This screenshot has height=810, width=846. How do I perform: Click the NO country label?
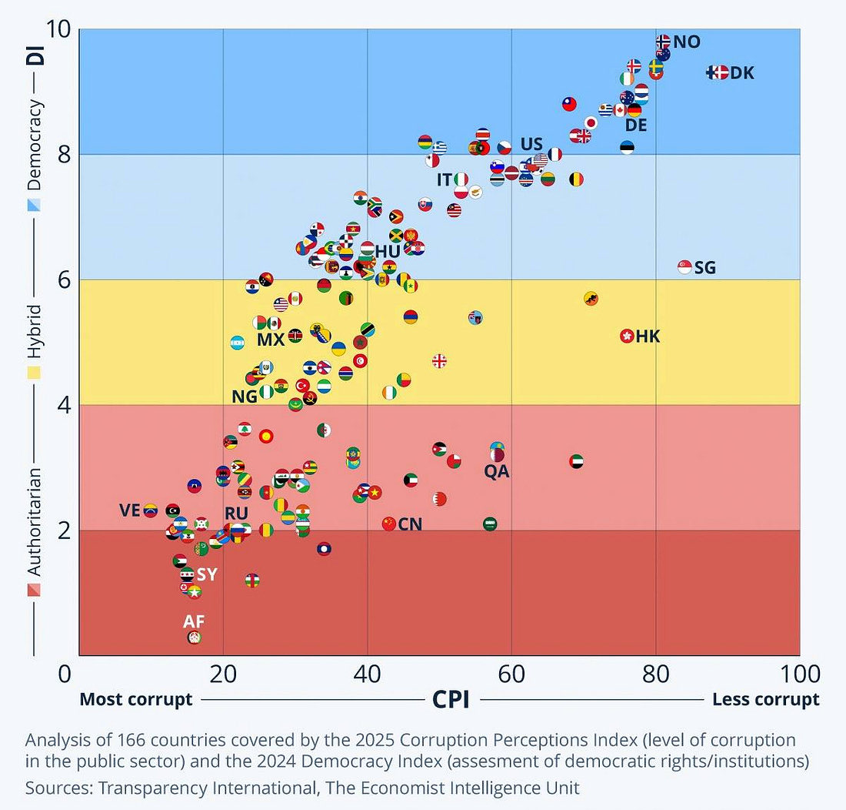pos(687,42)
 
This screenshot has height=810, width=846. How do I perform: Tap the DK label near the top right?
pos(742,73)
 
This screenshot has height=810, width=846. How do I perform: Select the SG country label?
pos(704,268)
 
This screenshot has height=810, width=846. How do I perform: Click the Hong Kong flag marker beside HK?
pos(627,336)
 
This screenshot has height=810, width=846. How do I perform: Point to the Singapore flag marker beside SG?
pos(684,266)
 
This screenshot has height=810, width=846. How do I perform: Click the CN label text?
pos(410,524)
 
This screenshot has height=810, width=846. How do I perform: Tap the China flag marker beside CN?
pos(388,524)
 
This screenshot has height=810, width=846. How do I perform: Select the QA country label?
pos(497,471)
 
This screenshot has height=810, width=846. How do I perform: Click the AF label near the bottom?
pos(194,621)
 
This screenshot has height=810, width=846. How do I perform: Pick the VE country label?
pos(131,510)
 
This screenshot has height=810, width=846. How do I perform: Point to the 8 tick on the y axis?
pos(65,155)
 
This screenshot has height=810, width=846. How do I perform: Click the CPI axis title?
pos(451,699)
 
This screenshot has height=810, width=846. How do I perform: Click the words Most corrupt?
pos(136,699)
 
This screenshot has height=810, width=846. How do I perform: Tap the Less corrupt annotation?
pos(766,699)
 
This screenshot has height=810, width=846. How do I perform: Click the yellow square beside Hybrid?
pos(35,373)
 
